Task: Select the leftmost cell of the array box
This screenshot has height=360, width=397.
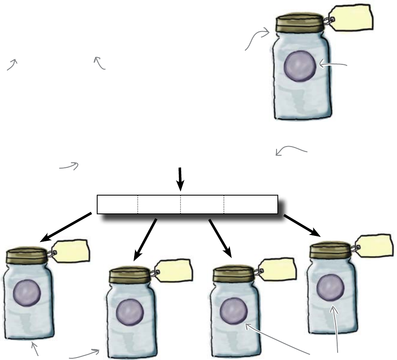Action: click(118, 204)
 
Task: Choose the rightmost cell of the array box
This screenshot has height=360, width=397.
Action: click(250, 204)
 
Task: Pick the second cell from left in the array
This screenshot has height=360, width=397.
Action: click(159, 204)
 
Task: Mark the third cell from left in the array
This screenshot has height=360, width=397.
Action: click(202, 204)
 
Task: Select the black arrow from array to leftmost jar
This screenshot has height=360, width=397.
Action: click(66, 227)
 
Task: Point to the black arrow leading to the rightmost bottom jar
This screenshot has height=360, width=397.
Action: click(302, 226)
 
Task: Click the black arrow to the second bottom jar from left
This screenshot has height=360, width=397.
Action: click(145, 239)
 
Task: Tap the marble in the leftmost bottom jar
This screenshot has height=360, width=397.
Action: click(27, 294)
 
